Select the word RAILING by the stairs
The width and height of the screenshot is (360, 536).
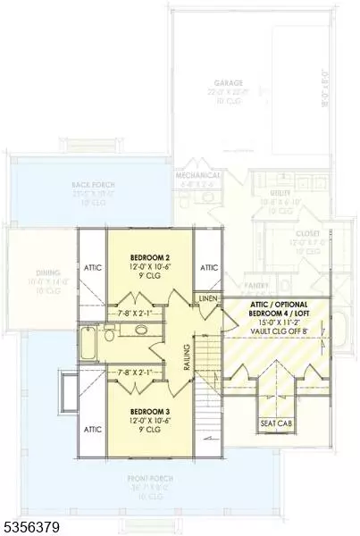point(187,355)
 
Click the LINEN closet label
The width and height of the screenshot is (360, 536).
point(208,297)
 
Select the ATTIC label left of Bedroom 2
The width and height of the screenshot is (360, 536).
point(92,267)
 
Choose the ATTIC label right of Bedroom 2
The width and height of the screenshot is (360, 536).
point(209,267)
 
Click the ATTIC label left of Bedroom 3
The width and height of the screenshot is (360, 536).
point(92,430)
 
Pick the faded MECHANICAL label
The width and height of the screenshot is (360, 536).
point(198,176)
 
